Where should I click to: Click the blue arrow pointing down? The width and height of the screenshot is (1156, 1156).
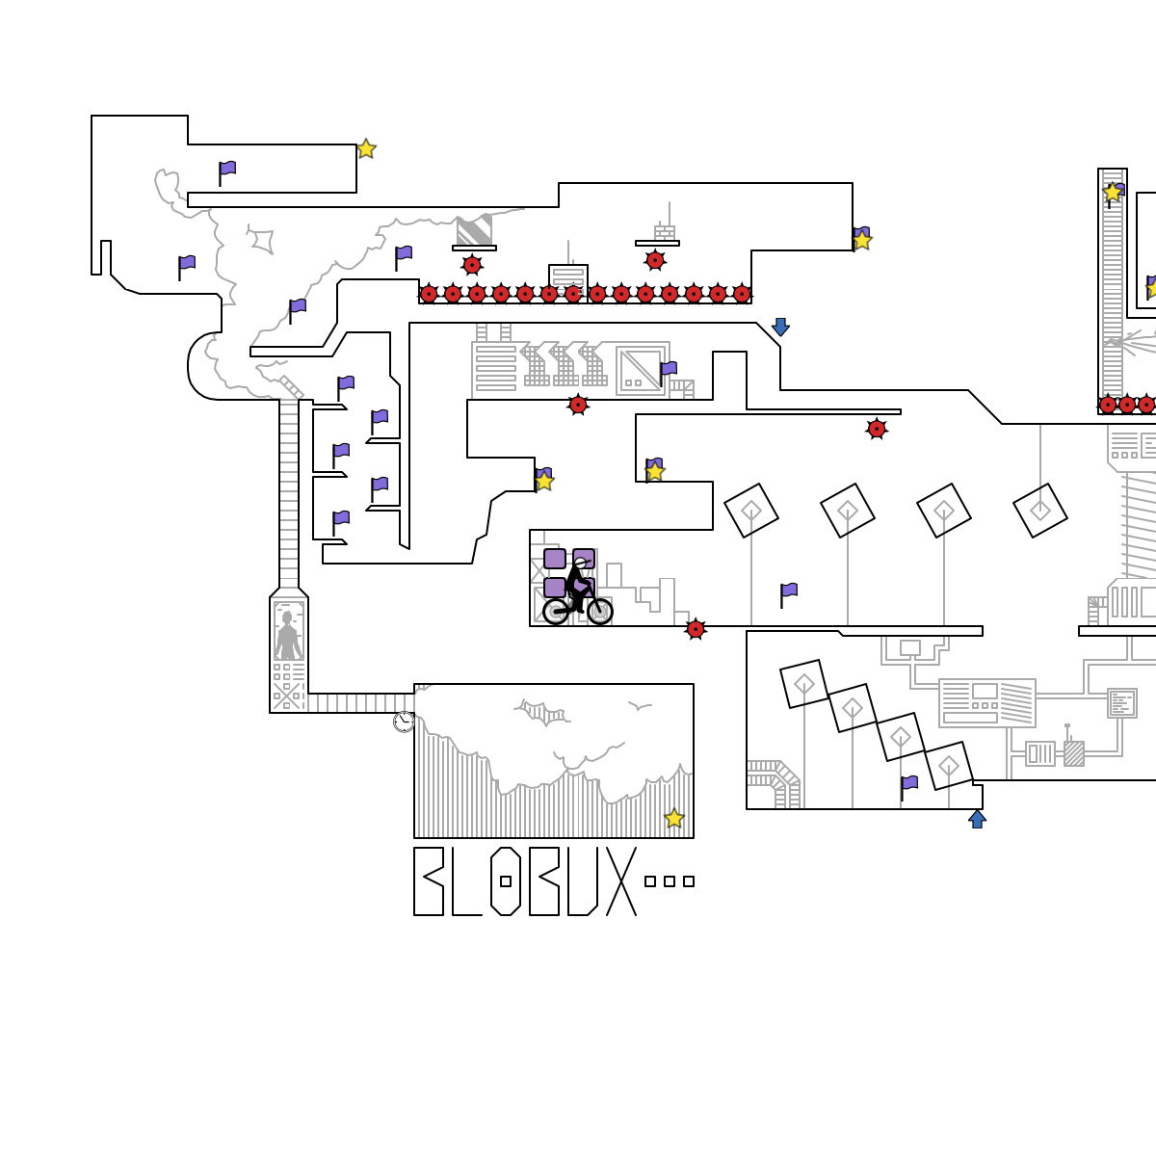click(x=780, y=327)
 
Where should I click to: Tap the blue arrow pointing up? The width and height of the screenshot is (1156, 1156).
click(x=977, y=819)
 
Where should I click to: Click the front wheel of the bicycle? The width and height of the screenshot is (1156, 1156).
click(x=599, y=611)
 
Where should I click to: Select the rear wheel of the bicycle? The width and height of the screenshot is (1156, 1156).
click(x=557, y=611)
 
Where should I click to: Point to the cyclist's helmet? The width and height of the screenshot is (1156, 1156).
click(x=580, y=563)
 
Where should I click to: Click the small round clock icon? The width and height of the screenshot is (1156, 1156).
click(x=404, y=722)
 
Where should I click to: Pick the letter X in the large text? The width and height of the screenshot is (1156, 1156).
click(x=621, y=881)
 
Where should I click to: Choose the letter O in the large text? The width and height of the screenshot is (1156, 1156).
click(x=506, y=881)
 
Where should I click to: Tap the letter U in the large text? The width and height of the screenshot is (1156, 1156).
click(x=582, y=881)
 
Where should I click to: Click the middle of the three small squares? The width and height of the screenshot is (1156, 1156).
click(x=670, y=881)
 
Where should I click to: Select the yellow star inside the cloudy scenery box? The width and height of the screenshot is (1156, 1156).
click(x=674, y=819)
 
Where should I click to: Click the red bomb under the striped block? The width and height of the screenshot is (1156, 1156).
click(x=472, y=265)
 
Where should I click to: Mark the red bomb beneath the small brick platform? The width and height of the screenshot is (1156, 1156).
click(x=655, y=260)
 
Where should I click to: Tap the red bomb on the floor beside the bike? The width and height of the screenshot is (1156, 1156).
click(x=696, y=629)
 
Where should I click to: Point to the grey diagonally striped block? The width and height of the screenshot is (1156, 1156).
click(x=474, y=231)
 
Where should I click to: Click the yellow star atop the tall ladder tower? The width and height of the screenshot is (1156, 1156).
click(x=1113, y=193)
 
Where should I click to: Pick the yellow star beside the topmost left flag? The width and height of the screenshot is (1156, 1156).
click(x=366, y=149)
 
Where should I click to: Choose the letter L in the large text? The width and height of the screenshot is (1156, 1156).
click(x=465, y=881)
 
